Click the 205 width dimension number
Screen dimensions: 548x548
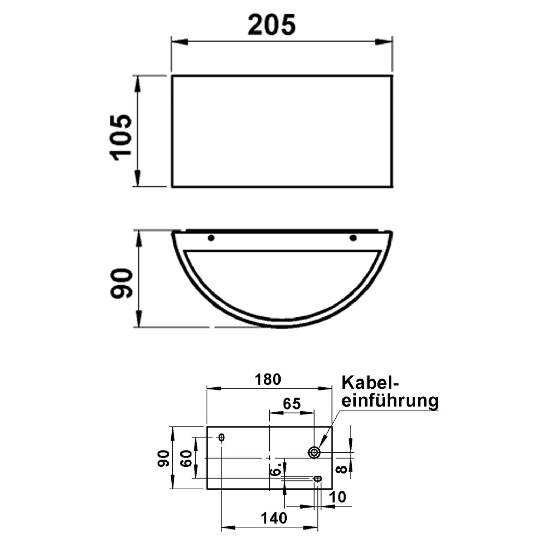[271, 25]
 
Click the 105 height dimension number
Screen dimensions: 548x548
[121, 137]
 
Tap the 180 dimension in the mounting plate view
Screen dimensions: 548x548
[267, 379]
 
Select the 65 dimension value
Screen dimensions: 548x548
[291, 404]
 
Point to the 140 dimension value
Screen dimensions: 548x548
[274, 518]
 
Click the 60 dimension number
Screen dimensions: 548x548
[187, 459]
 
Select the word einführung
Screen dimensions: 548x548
[390, 401]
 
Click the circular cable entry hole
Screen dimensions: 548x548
[314, 452]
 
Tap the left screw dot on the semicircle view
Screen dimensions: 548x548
[211, 238]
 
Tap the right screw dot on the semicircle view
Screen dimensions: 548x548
[353, 238]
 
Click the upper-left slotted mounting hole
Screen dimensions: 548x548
[221, 437]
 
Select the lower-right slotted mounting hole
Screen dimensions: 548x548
[318, 478]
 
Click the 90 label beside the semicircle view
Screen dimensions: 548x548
[122, 283]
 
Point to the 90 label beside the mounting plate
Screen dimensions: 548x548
[164, 459]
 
